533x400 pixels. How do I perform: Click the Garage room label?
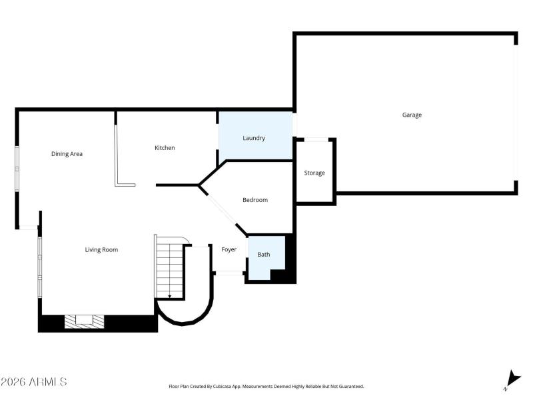(412, 115)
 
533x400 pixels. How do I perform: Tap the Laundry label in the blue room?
(254, 138)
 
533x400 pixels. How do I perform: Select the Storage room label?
(314, 173)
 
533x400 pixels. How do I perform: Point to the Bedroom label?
(255, 200)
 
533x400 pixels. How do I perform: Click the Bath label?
(264, 255)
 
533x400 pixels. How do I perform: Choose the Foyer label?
(229, 250)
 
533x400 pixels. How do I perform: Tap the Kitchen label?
(165, 148)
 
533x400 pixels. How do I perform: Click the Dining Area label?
(67, 154)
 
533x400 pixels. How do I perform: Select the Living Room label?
(101, 250)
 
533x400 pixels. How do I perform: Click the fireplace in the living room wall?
(85, 321)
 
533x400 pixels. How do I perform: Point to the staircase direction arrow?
(170, 295)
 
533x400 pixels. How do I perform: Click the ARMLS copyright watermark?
(33, 382)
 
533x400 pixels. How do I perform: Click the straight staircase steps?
(169, 267)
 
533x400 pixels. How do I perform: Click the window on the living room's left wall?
(39, 267)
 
